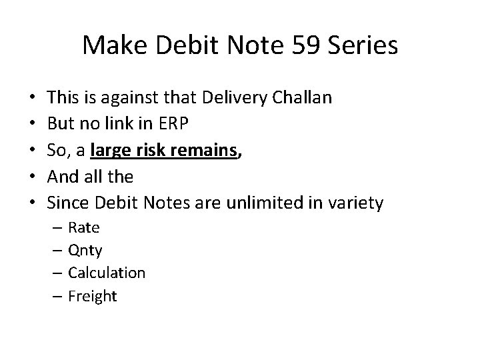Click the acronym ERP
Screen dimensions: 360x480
(176, 125)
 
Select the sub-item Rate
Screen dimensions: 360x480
(84, 227)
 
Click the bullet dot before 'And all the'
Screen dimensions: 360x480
(32, 177)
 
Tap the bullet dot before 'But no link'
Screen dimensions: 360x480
(32, 125)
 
